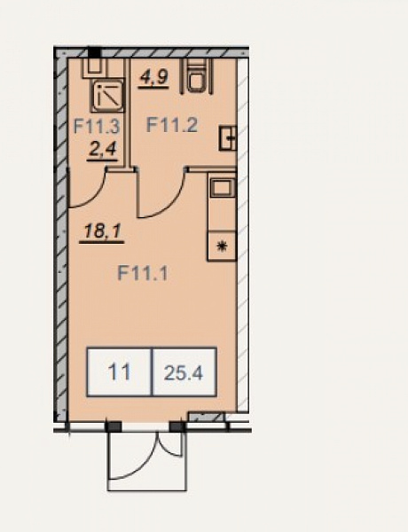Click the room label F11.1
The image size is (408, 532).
(x=143, y=273)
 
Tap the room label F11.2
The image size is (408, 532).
(x=172, y=125)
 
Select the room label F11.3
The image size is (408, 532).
(x=97, y=127)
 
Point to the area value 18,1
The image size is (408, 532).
(x=103, y=231)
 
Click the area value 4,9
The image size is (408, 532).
(x=153, y=77)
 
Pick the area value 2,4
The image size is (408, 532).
(x=102, y=149)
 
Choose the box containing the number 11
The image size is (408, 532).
(x=119, y=372)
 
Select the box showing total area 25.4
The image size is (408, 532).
(x=184, y=372)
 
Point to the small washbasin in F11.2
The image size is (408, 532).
(x=228, y=137)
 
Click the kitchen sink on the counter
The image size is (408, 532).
(x=223, y=188)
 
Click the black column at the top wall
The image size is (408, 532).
(x=94, y=52)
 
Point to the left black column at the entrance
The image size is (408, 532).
(x=113, y=426)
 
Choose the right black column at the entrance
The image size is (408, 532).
(x=177, y=426)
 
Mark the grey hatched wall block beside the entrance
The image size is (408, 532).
(x=207, y=417)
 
